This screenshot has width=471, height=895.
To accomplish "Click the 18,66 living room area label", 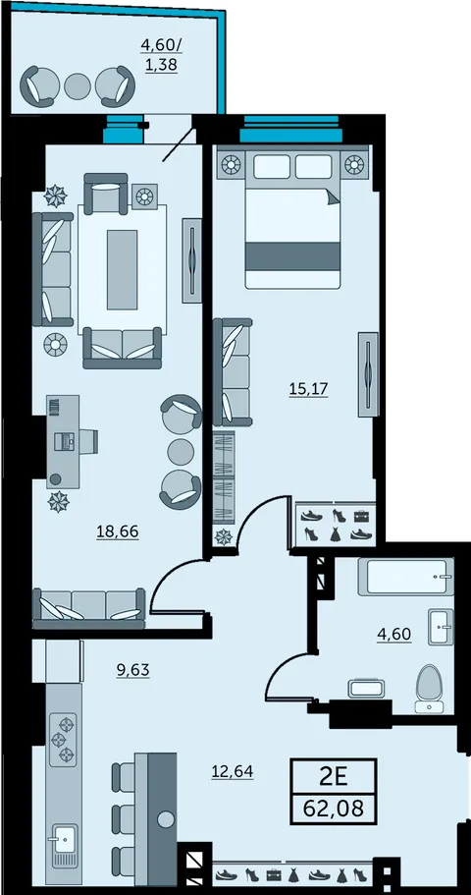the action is tap(118, 531).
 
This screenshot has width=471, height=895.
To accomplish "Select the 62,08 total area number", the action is tap(334, 809).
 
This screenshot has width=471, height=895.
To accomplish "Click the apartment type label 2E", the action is tap(334, 776).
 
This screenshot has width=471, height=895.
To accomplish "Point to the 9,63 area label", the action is tap(132, 669).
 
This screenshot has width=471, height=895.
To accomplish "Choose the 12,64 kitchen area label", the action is tap(233, 772).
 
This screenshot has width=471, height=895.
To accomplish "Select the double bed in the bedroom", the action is tap(292, 221).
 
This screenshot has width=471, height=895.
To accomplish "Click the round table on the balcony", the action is tap(77, 86).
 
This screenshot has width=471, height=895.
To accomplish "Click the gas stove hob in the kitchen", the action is tap(64, 740).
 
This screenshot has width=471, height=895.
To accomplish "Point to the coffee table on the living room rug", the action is tap(122, 270).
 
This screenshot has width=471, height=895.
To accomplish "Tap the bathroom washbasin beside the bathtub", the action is tap(441, 627).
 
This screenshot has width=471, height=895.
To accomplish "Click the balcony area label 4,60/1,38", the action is tap(161, 55).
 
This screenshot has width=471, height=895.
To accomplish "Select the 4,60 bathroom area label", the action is tap(394, 634).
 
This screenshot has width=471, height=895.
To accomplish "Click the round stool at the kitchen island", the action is tap(166, 820).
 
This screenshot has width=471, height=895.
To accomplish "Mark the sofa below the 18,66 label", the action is tap(89, 607).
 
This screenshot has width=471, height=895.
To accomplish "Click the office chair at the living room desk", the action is tap(88, 441).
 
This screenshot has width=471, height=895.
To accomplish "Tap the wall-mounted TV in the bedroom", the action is tap(368, 374).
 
